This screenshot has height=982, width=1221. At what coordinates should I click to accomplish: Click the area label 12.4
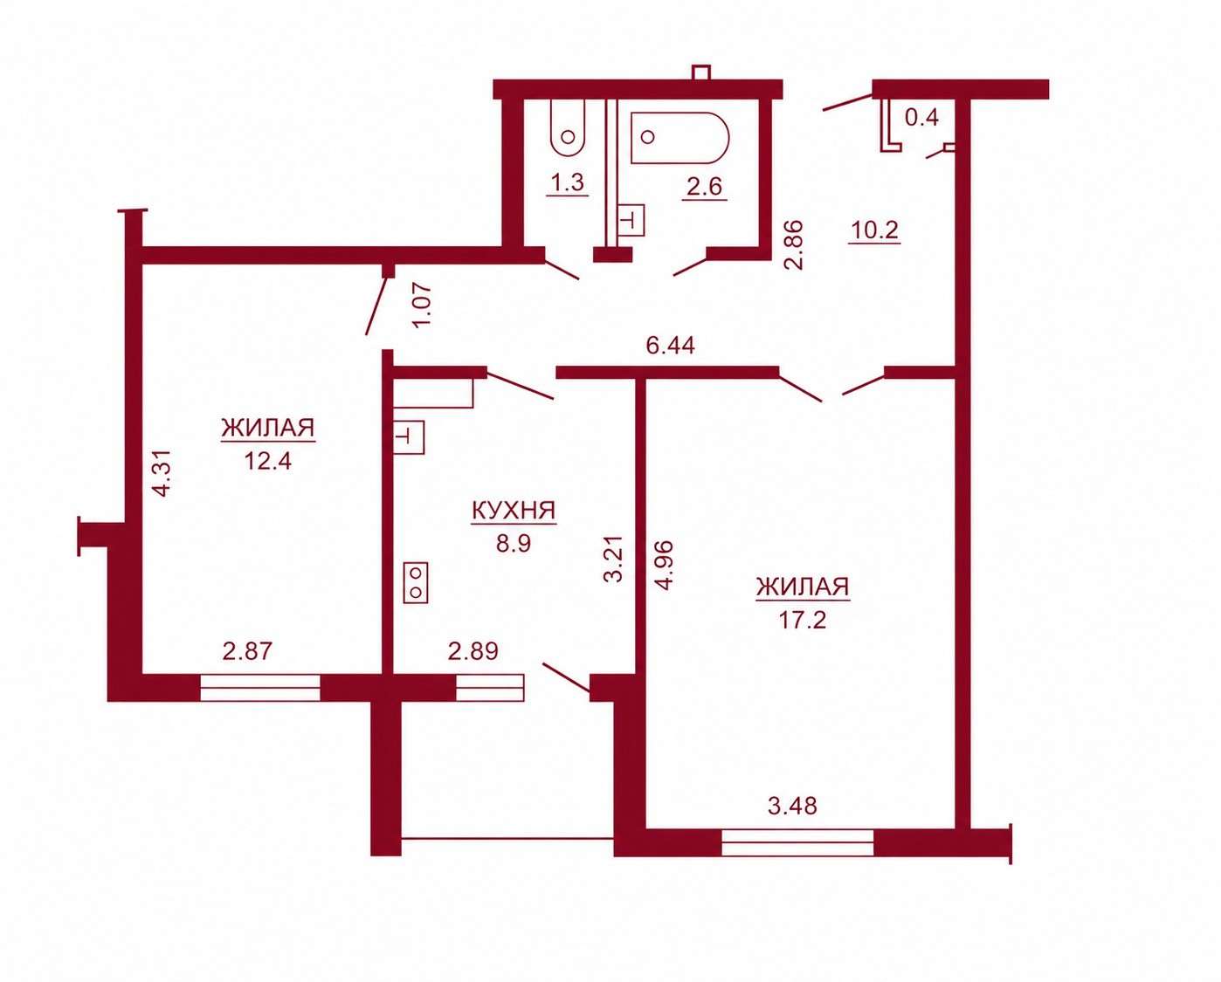(x=268, y=461)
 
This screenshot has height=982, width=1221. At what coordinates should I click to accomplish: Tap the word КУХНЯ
(x=514, y=511)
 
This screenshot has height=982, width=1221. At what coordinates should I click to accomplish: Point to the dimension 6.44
(x=670, y=346)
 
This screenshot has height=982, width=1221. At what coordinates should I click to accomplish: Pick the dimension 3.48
(x=792, y=806)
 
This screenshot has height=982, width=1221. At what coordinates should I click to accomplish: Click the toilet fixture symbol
(x=567, y=128)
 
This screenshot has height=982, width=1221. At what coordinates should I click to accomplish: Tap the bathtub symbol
(x=679, y=138)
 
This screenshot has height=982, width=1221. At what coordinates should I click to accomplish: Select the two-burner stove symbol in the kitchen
(x=416, y=582)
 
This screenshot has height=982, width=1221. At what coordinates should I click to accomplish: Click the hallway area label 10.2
(x=874, y=230)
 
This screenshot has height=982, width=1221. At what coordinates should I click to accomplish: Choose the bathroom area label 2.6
(x=704, y=187)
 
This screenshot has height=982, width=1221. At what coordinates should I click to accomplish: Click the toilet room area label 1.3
(x=568, y=182)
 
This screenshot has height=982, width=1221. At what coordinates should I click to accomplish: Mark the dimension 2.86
(x=793, y=245)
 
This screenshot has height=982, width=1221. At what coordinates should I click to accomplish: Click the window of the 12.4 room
(x=260, y=688)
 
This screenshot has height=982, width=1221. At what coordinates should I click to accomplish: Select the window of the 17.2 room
(x=797, y=842)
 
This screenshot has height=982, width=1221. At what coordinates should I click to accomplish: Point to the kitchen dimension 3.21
(x=615, y=559)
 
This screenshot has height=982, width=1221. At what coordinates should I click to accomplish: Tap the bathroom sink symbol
(x=631, y=220)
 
